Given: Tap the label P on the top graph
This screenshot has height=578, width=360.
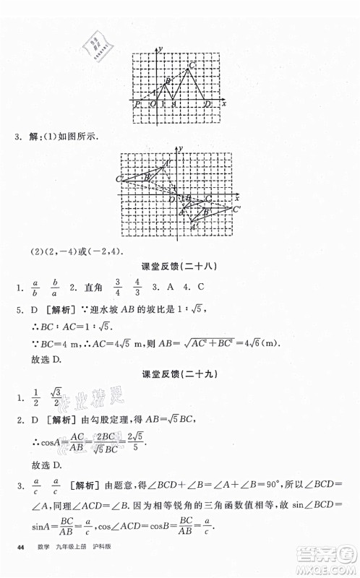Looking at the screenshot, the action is [137, 105].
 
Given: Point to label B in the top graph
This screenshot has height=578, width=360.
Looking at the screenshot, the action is [168, 81].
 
